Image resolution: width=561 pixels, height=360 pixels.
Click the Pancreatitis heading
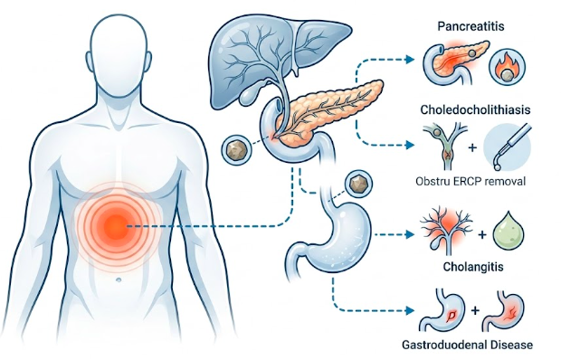[471, 26]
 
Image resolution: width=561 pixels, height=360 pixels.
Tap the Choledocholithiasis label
[475, 109]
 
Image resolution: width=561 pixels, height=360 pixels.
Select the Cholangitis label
[473, 267]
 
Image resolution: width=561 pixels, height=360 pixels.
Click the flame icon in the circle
[508, 67]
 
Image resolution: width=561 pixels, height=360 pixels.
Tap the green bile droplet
[509, 234]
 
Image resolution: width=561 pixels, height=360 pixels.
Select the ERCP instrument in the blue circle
[508, 147]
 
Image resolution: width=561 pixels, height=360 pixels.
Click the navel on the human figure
[119, 279]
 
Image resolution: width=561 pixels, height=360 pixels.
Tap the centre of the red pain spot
[116, 226]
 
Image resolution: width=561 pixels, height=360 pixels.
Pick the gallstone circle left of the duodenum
[236, 148]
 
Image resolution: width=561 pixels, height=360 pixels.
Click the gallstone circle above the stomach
[357, 184]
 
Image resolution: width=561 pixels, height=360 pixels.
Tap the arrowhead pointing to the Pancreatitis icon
[409, 60]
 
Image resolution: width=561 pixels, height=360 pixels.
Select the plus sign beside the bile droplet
[482, 234]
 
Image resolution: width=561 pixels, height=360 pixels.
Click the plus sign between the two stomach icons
[475, 310]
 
